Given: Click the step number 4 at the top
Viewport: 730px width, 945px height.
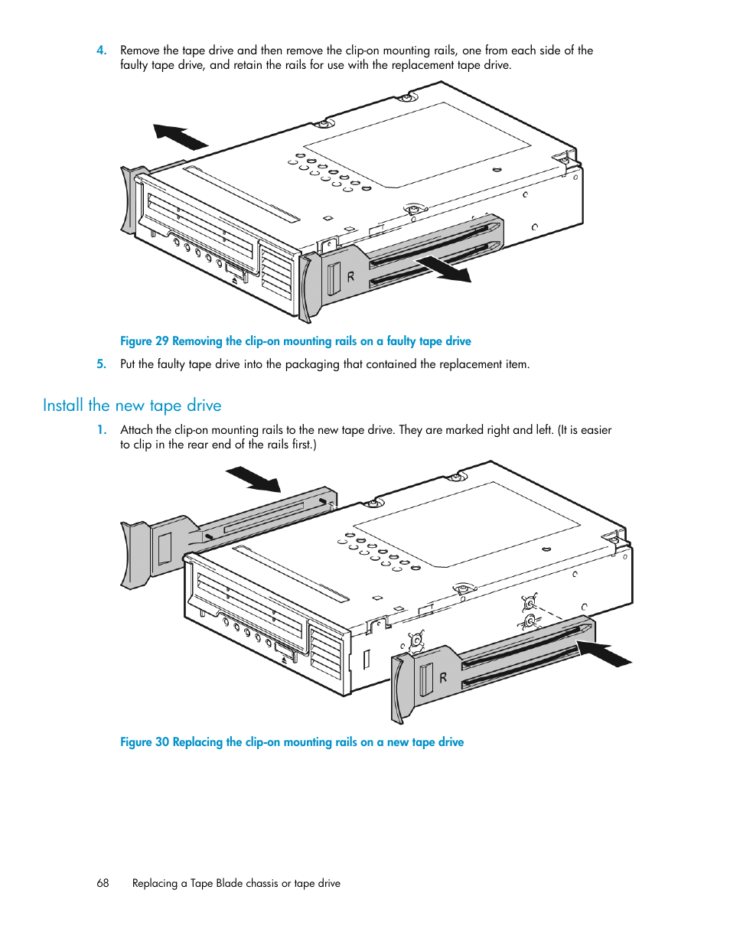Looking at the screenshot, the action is (101, 51).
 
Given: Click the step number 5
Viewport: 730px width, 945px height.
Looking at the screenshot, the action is (101, 364).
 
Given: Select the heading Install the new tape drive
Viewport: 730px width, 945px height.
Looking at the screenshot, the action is (132, 406).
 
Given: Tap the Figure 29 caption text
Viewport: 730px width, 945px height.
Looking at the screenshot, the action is (295, 341).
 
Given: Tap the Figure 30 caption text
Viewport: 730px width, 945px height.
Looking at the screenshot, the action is (292, 742).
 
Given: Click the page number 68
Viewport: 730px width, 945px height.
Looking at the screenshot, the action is (103, 883).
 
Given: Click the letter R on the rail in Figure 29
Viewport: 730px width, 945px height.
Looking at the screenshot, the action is (350, 276).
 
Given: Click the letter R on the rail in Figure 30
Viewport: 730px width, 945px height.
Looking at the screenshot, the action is (443, 677).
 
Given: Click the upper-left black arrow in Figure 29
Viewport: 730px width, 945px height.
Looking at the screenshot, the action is (181, 136).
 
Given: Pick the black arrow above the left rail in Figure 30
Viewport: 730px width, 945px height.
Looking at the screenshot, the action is (253, 479).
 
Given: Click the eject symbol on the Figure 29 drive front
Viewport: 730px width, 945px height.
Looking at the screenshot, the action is (234, 281).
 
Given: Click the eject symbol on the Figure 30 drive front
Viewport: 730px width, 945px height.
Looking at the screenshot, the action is (284, 660).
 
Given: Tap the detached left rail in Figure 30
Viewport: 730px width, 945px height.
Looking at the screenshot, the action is (229, 537).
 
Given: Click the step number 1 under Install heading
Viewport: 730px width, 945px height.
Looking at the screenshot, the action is (101, 430).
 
